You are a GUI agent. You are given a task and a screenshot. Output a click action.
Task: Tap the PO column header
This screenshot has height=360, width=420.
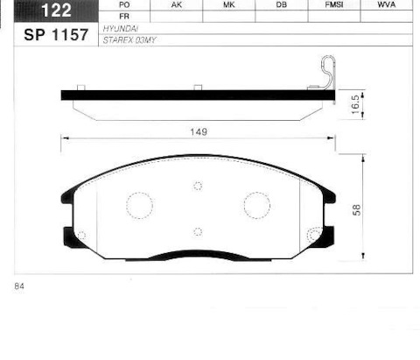click(124, 5)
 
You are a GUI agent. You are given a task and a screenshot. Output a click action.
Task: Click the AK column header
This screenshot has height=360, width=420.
click(177, 5)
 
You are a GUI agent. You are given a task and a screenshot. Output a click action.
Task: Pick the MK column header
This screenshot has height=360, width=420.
click(230, 5)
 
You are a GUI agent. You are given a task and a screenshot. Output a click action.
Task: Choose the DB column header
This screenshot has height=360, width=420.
click(281, 5)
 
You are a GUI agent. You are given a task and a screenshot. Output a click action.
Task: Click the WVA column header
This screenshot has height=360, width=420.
click(386, 5)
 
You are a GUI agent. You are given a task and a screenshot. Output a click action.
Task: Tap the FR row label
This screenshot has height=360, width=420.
click(124, 17)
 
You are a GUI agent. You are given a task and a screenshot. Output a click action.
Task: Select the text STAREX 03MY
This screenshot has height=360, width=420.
click(129, 40)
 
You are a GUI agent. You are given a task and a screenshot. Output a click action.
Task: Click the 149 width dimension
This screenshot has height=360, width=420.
click(198, 131)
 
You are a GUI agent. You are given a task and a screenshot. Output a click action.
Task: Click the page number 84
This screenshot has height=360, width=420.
click(19, 286)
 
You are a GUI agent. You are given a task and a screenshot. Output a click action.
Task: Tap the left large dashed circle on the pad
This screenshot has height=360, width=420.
click(139, 204)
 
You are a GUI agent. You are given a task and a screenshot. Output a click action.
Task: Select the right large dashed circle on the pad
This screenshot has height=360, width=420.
click(256, 204)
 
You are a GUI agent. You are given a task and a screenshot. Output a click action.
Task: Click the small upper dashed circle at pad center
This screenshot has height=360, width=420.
click(198, 185)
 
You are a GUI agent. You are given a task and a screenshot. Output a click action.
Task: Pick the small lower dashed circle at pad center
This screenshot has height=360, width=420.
click(198, 231)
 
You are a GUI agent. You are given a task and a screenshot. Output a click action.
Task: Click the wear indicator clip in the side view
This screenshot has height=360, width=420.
click(327, 74)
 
